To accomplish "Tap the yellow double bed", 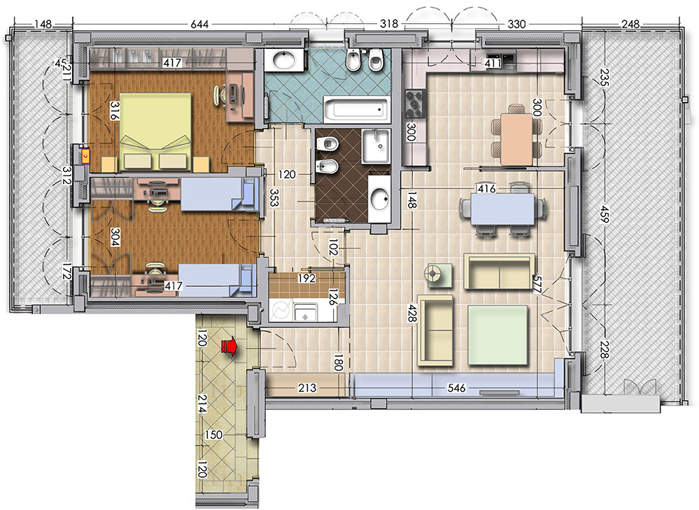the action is tap(156, 132).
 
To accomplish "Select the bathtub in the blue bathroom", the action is tap(357, 109).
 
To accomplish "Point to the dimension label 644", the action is tap(199, 24).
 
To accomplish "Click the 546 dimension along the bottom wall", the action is tap(456, 388).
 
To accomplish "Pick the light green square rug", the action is tap(498, 336).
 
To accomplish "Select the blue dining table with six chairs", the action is tap(503, 208).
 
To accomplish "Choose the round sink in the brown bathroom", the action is tap(379, 198).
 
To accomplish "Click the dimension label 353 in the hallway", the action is tap(274, 197).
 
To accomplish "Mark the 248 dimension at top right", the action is tap(630, 24).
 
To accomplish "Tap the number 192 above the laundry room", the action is tap(306, 278).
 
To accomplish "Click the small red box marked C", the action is tap(85, 155).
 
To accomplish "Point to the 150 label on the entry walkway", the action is tap(213, 434).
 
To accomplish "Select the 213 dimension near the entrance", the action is tap(306, 388).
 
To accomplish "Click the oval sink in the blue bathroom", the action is tap(284, 60).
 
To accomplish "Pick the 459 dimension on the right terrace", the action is tap(604, 214).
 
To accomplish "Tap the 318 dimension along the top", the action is tap(389, 24).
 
